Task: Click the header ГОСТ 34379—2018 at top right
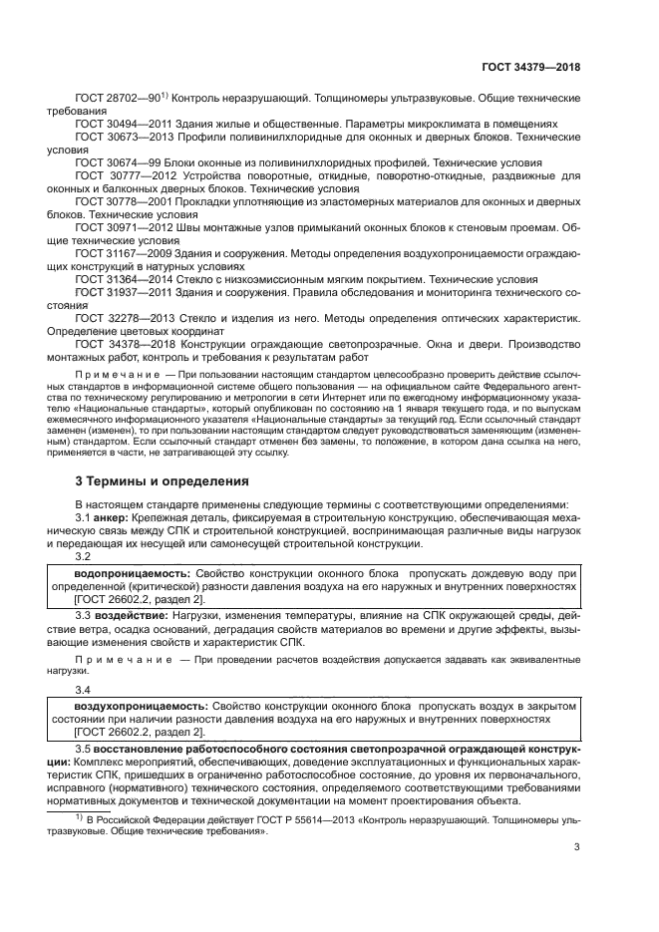coord(530,67)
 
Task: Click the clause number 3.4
coord(84,690)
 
